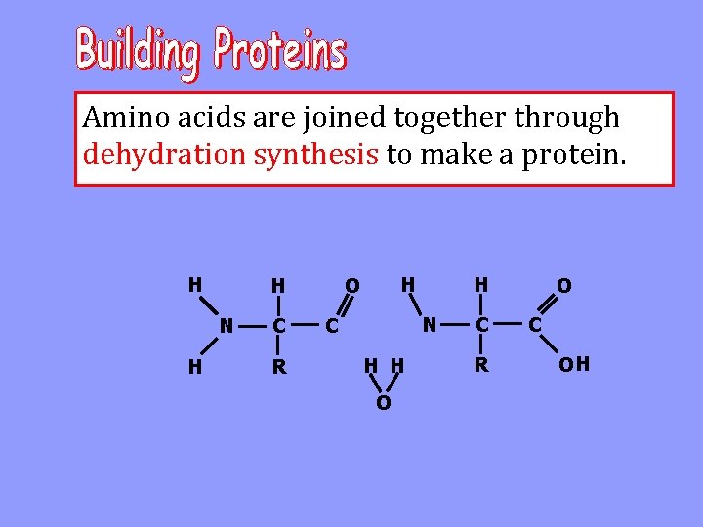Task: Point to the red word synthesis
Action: [316, 154]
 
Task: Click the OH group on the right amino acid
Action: [573, 365]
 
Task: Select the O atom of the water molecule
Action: [384, 403]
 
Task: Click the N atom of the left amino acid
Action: [226, 325]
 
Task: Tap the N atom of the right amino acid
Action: [429, 323]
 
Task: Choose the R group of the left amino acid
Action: [279, 367]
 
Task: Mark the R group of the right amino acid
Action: [479, 365]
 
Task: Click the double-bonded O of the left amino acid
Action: [352, 286]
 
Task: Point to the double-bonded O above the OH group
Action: [563, 286]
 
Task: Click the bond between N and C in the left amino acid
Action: [252, 325]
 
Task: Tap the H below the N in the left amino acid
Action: [195, 367]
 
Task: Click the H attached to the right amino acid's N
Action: [408, 284]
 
